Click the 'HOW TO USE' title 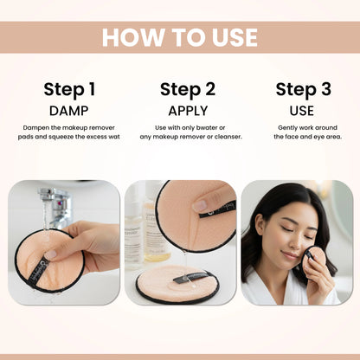click(x=180, y=37)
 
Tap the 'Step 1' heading click(x=69, y=89)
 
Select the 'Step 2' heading click(x=188, y=89)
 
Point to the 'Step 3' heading click(x=303, y=89)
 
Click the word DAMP click(x=69, y=111)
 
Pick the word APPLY click(x=188, y=111)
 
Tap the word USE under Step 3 click(x=302, y=111)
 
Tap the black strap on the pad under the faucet click(x=38, y=271)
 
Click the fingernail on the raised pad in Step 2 click(x=200, y=205)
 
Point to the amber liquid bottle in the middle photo click(x=153, y=231)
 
